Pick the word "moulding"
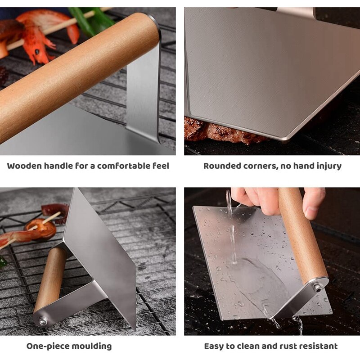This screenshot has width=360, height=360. coord(92,346)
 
